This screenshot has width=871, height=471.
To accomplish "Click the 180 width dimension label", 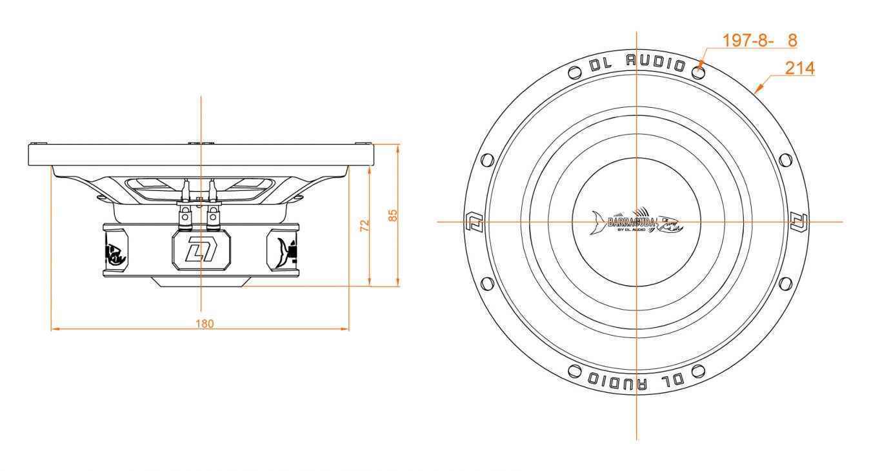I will pos(205,323).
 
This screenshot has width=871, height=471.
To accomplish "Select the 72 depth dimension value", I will pos(365,225).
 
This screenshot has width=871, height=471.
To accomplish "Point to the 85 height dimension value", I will pos(393,215).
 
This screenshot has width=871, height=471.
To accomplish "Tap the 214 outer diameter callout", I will pos(800,68).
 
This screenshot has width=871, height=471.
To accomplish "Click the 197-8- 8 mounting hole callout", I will pos(759,40).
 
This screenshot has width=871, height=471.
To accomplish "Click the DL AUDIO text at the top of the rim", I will pos(636,63).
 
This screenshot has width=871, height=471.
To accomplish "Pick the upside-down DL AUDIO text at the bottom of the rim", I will pos(636,381).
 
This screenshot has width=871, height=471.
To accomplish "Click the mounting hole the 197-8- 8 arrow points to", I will pos(697,70).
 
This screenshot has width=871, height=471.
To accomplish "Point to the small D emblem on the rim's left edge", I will pos(471,221).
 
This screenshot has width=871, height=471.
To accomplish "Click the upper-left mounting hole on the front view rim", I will pos(488,159).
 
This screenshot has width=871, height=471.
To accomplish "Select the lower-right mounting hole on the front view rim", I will pos(785,283).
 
